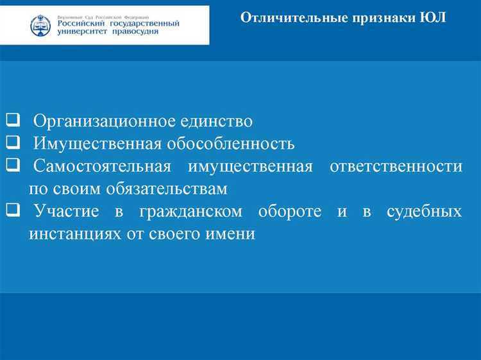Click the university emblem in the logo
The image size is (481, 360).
point(40,26)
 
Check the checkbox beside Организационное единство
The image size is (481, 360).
point(13,120)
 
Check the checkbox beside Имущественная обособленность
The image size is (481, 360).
point(13,142)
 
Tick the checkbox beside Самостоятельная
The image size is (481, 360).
point(13,165)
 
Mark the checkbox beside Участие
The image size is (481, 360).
point(13,210)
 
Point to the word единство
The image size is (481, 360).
point(218,121)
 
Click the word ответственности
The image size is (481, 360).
point(396,166)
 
